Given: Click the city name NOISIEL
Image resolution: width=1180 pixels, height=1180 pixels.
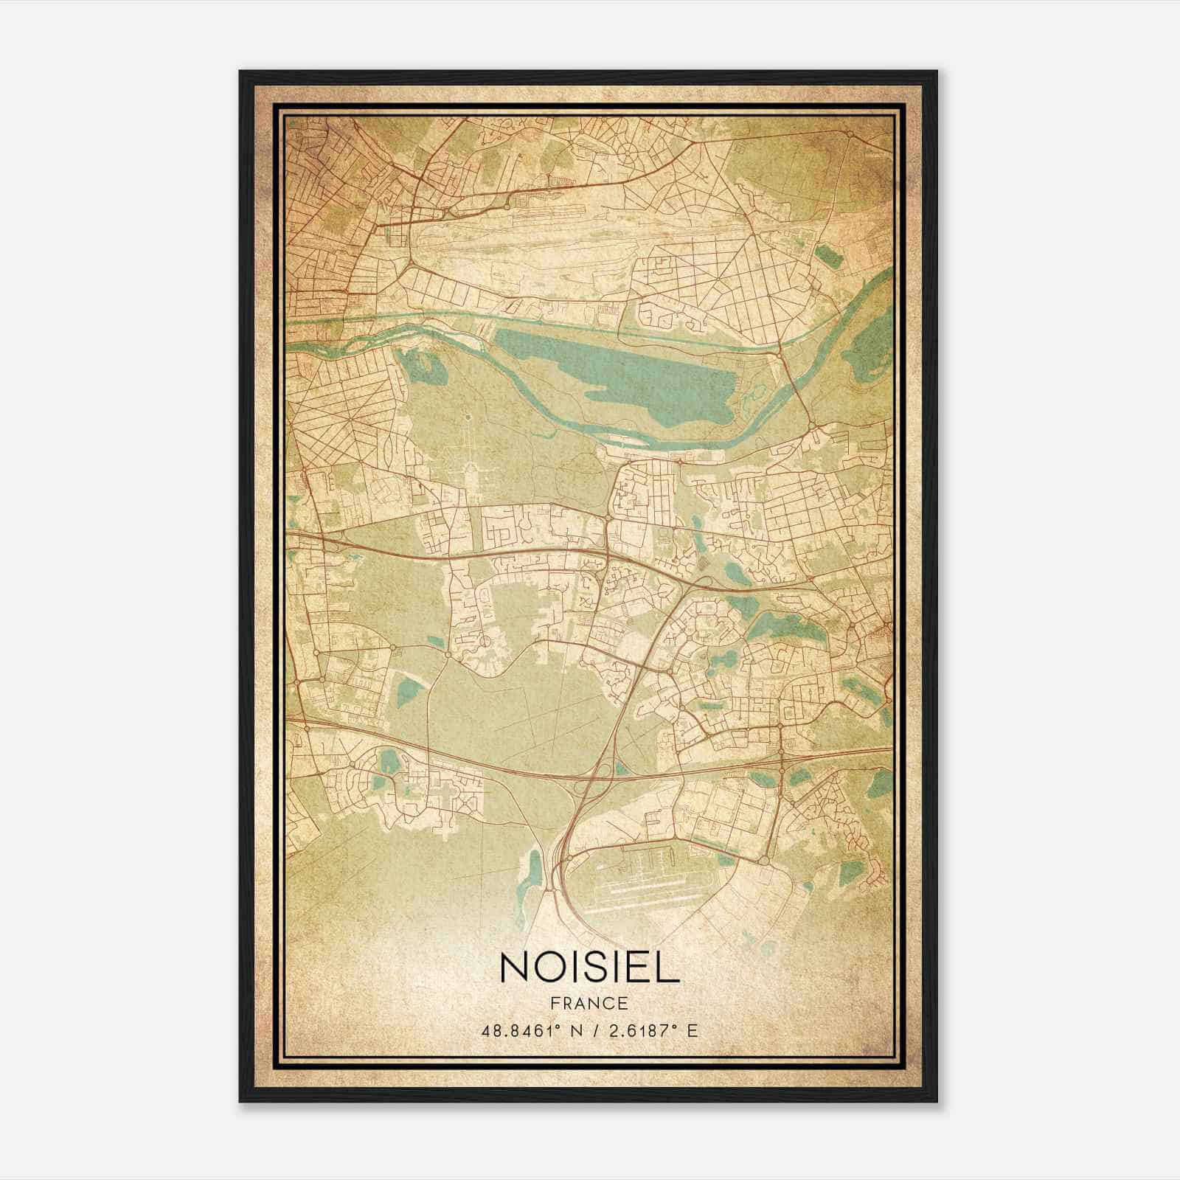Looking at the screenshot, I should click(589, 967).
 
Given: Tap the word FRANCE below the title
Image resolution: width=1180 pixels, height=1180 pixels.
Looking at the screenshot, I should click(589, 1003).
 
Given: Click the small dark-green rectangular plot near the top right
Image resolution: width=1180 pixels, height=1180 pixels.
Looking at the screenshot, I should click(827, 256).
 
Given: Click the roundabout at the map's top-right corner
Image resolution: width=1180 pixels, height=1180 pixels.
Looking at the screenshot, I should click(850, 135).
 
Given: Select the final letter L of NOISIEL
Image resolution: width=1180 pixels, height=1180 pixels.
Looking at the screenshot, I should click(667, 967).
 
